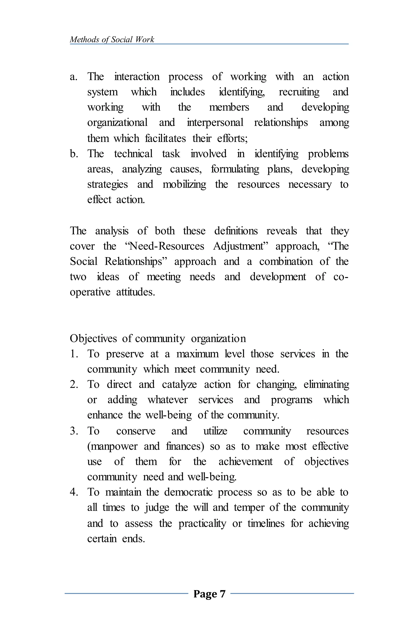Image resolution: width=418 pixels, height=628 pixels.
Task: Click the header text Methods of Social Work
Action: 112,39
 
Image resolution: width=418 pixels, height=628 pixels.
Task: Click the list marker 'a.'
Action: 73,77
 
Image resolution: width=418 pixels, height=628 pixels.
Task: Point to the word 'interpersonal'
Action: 215,123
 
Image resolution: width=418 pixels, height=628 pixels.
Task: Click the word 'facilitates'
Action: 165,138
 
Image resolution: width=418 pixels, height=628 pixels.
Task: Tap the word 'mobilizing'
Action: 184,185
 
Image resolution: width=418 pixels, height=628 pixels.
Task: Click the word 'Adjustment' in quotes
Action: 240,246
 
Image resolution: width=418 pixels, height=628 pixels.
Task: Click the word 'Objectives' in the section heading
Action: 93,339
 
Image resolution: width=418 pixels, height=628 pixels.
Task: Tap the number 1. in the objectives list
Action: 74,354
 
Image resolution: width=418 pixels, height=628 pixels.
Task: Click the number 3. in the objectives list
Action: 74,431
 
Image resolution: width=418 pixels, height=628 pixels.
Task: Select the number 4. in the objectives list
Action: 74,492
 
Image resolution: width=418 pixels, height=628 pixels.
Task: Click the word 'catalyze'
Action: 179,385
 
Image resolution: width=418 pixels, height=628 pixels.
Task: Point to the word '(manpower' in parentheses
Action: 112,446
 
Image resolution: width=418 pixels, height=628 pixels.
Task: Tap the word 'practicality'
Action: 202,523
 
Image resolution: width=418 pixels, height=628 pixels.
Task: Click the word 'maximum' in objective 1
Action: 197,354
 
